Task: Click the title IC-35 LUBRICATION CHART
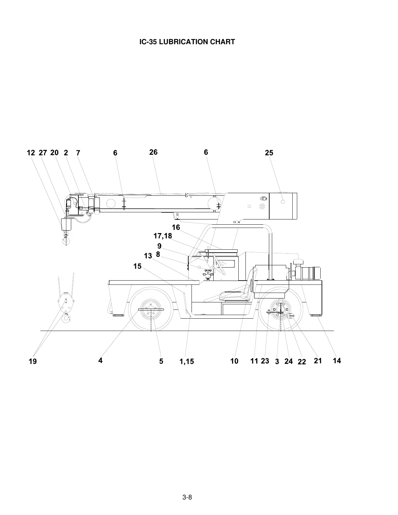click(x=187, y=42)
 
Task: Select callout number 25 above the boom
click(x=269, y=153)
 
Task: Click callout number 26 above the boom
click(x=153, y=152)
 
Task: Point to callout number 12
click(x=31, y=153)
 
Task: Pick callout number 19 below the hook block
click(x=33, y=362)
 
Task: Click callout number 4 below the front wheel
click(x=100, y=361)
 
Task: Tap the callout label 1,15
click(x=187, y=362)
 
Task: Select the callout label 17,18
click(x=163, y=236)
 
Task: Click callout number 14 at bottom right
click(x=337, y=361)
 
